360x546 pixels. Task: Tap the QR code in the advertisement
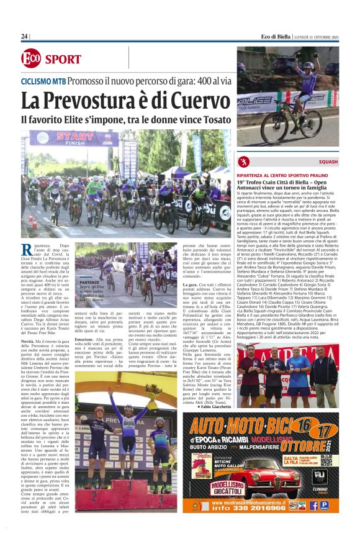(x=326, y=460)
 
